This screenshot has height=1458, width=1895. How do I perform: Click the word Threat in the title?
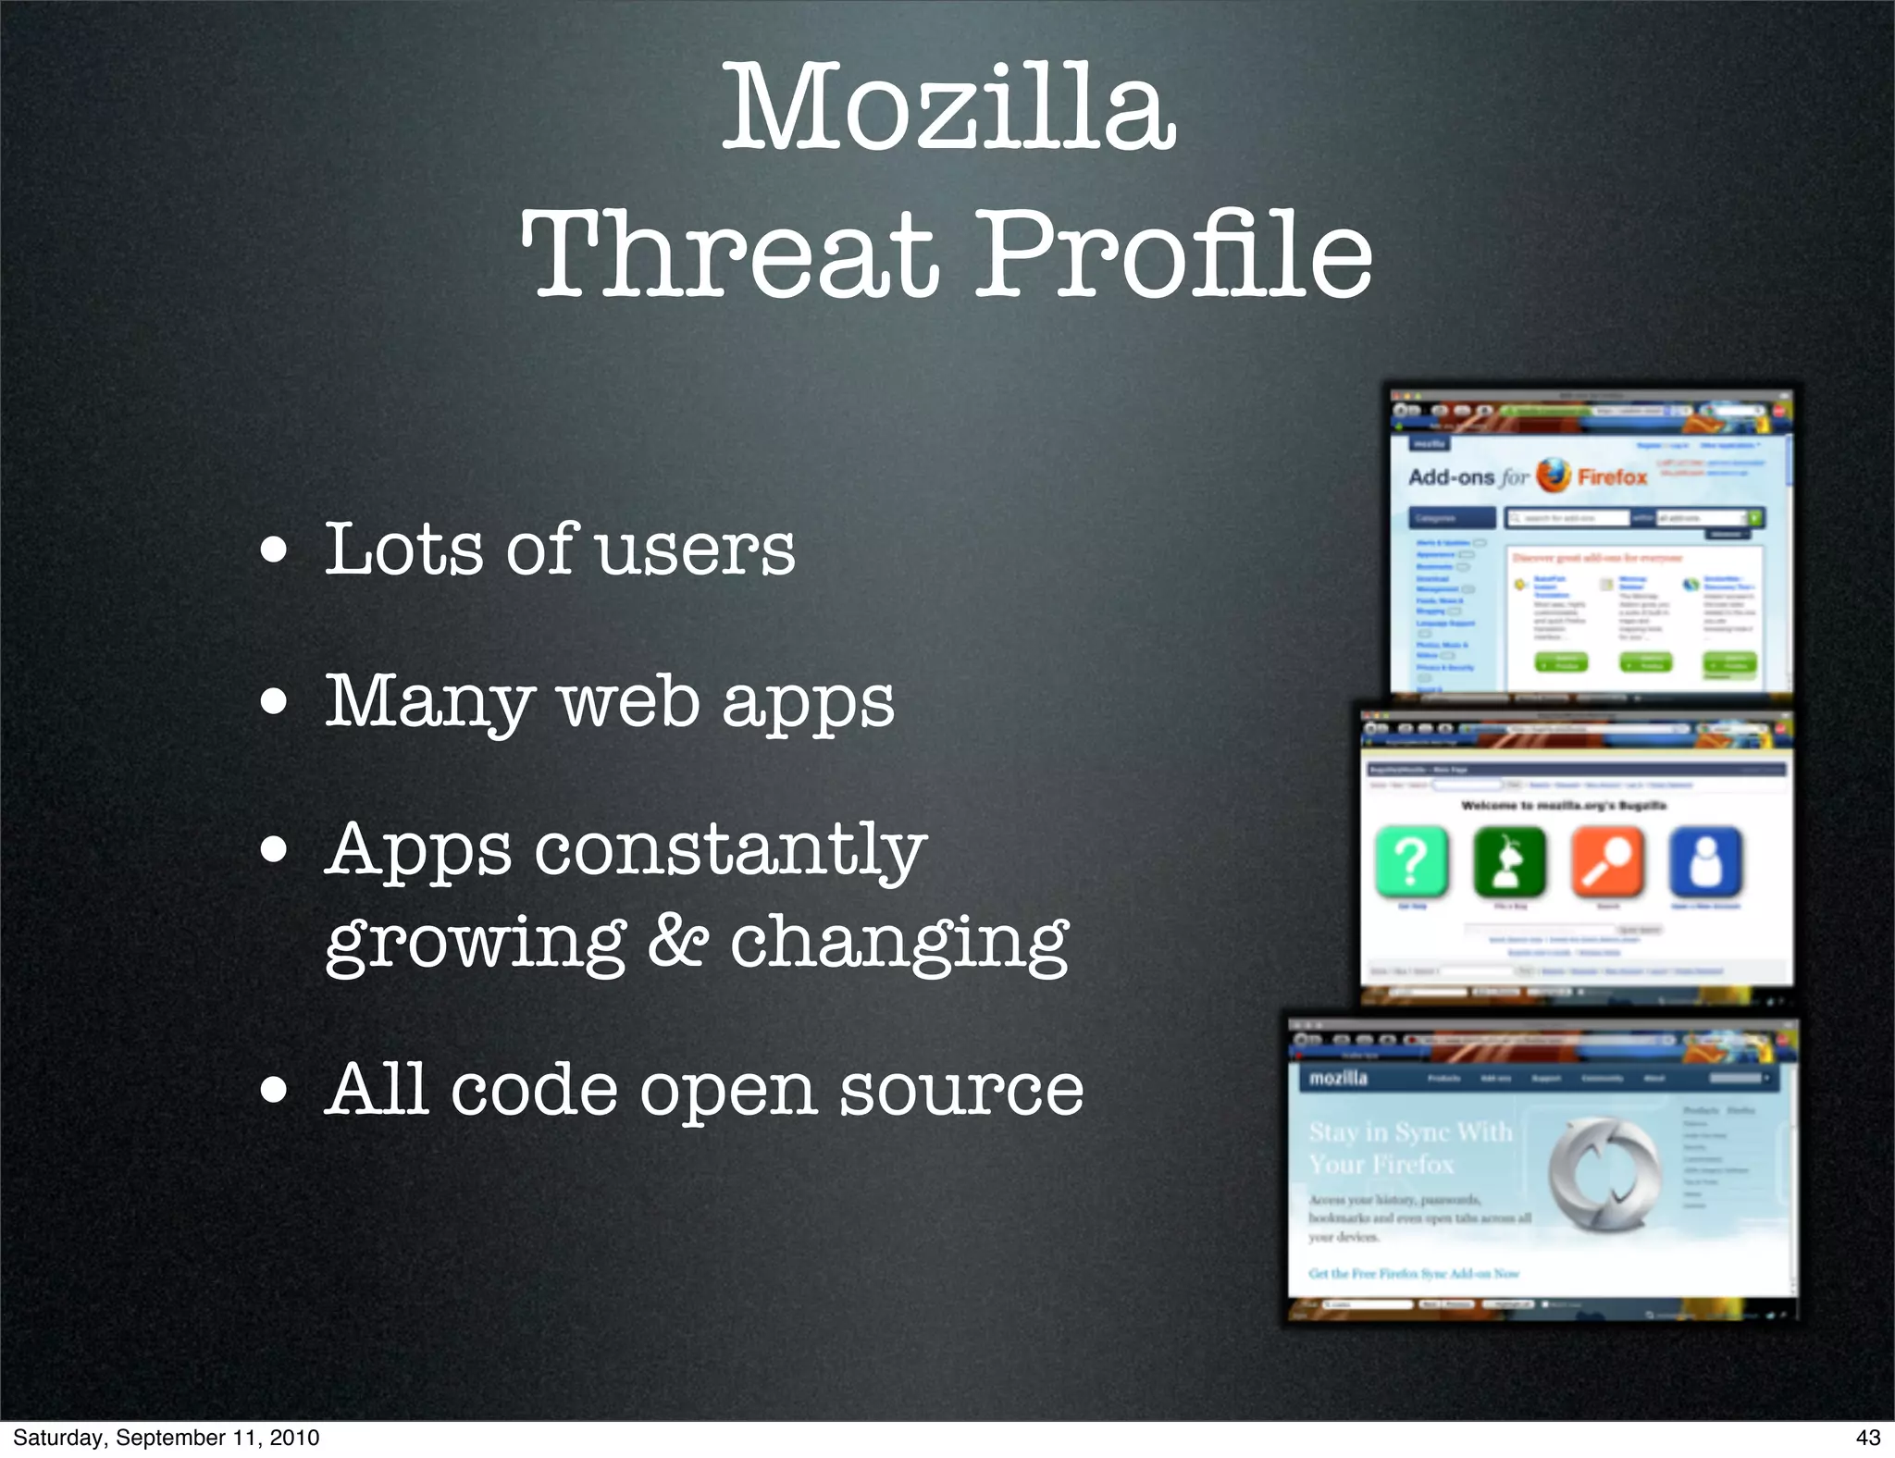point(731,254)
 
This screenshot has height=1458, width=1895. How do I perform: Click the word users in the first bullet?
point(696,551)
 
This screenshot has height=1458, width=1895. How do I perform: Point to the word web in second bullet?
point(629,701)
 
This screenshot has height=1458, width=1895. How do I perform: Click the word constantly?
point(731,849)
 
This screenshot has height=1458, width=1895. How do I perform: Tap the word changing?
point(899,944)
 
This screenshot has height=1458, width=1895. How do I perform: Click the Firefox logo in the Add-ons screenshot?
point(1554,476)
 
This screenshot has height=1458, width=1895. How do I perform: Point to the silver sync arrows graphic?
point(1603,1173)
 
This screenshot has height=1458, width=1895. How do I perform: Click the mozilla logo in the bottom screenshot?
point(1338,1079)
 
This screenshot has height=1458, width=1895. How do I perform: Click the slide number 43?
point(1867,1438)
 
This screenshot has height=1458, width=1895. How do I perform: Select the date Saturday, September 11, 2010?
point(167,1438)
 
